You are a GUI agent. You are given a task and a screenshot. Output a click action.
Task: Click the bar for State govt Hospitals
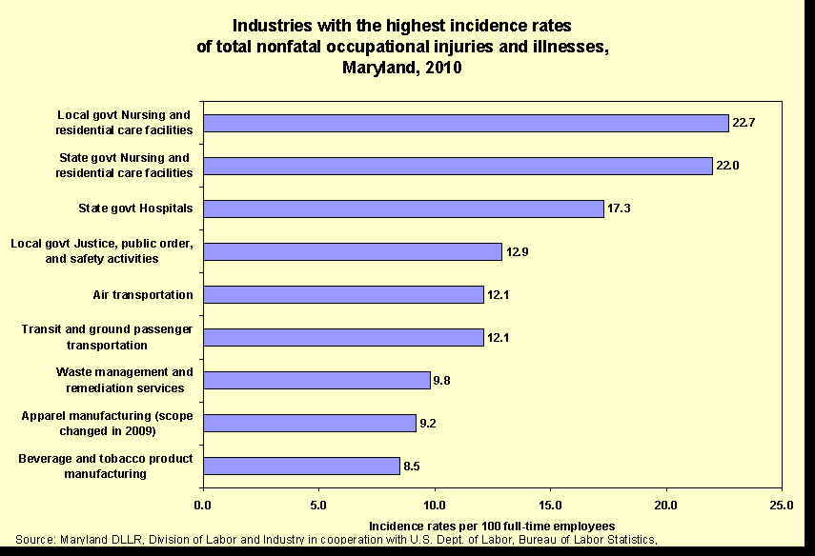tap(403, 208)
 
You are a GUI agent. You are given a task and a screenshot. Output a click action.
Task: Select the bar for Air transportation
tap(343, 294)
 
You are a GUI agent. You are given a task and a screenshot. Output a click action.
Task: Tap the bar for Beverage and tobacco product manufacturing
tap(301, 466)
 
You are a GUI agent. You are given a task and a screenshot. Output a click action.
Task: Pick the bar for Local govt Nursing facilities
tap(466, 123)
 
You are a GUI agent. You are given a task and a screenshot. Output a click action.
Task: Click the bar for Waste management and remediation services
tap(316, 380)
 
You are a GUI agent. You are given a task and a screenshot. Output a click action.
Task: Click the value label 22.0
tap(728, 166)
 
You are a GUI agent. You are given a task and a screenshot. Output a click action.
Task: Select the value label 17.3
tap(620, 208)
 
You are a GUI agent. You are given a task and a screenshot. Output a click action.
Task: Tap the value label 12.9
tap(518, 251)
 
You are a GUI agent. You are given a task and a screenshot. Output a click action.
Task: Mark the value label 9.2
tap(429, 423)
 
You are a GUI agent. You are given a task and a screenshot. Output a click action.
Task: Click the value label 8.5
tap(413, 466)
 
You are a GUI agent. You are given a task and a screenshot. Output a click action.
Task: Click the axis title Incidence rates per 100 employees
tap(491, 526)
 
